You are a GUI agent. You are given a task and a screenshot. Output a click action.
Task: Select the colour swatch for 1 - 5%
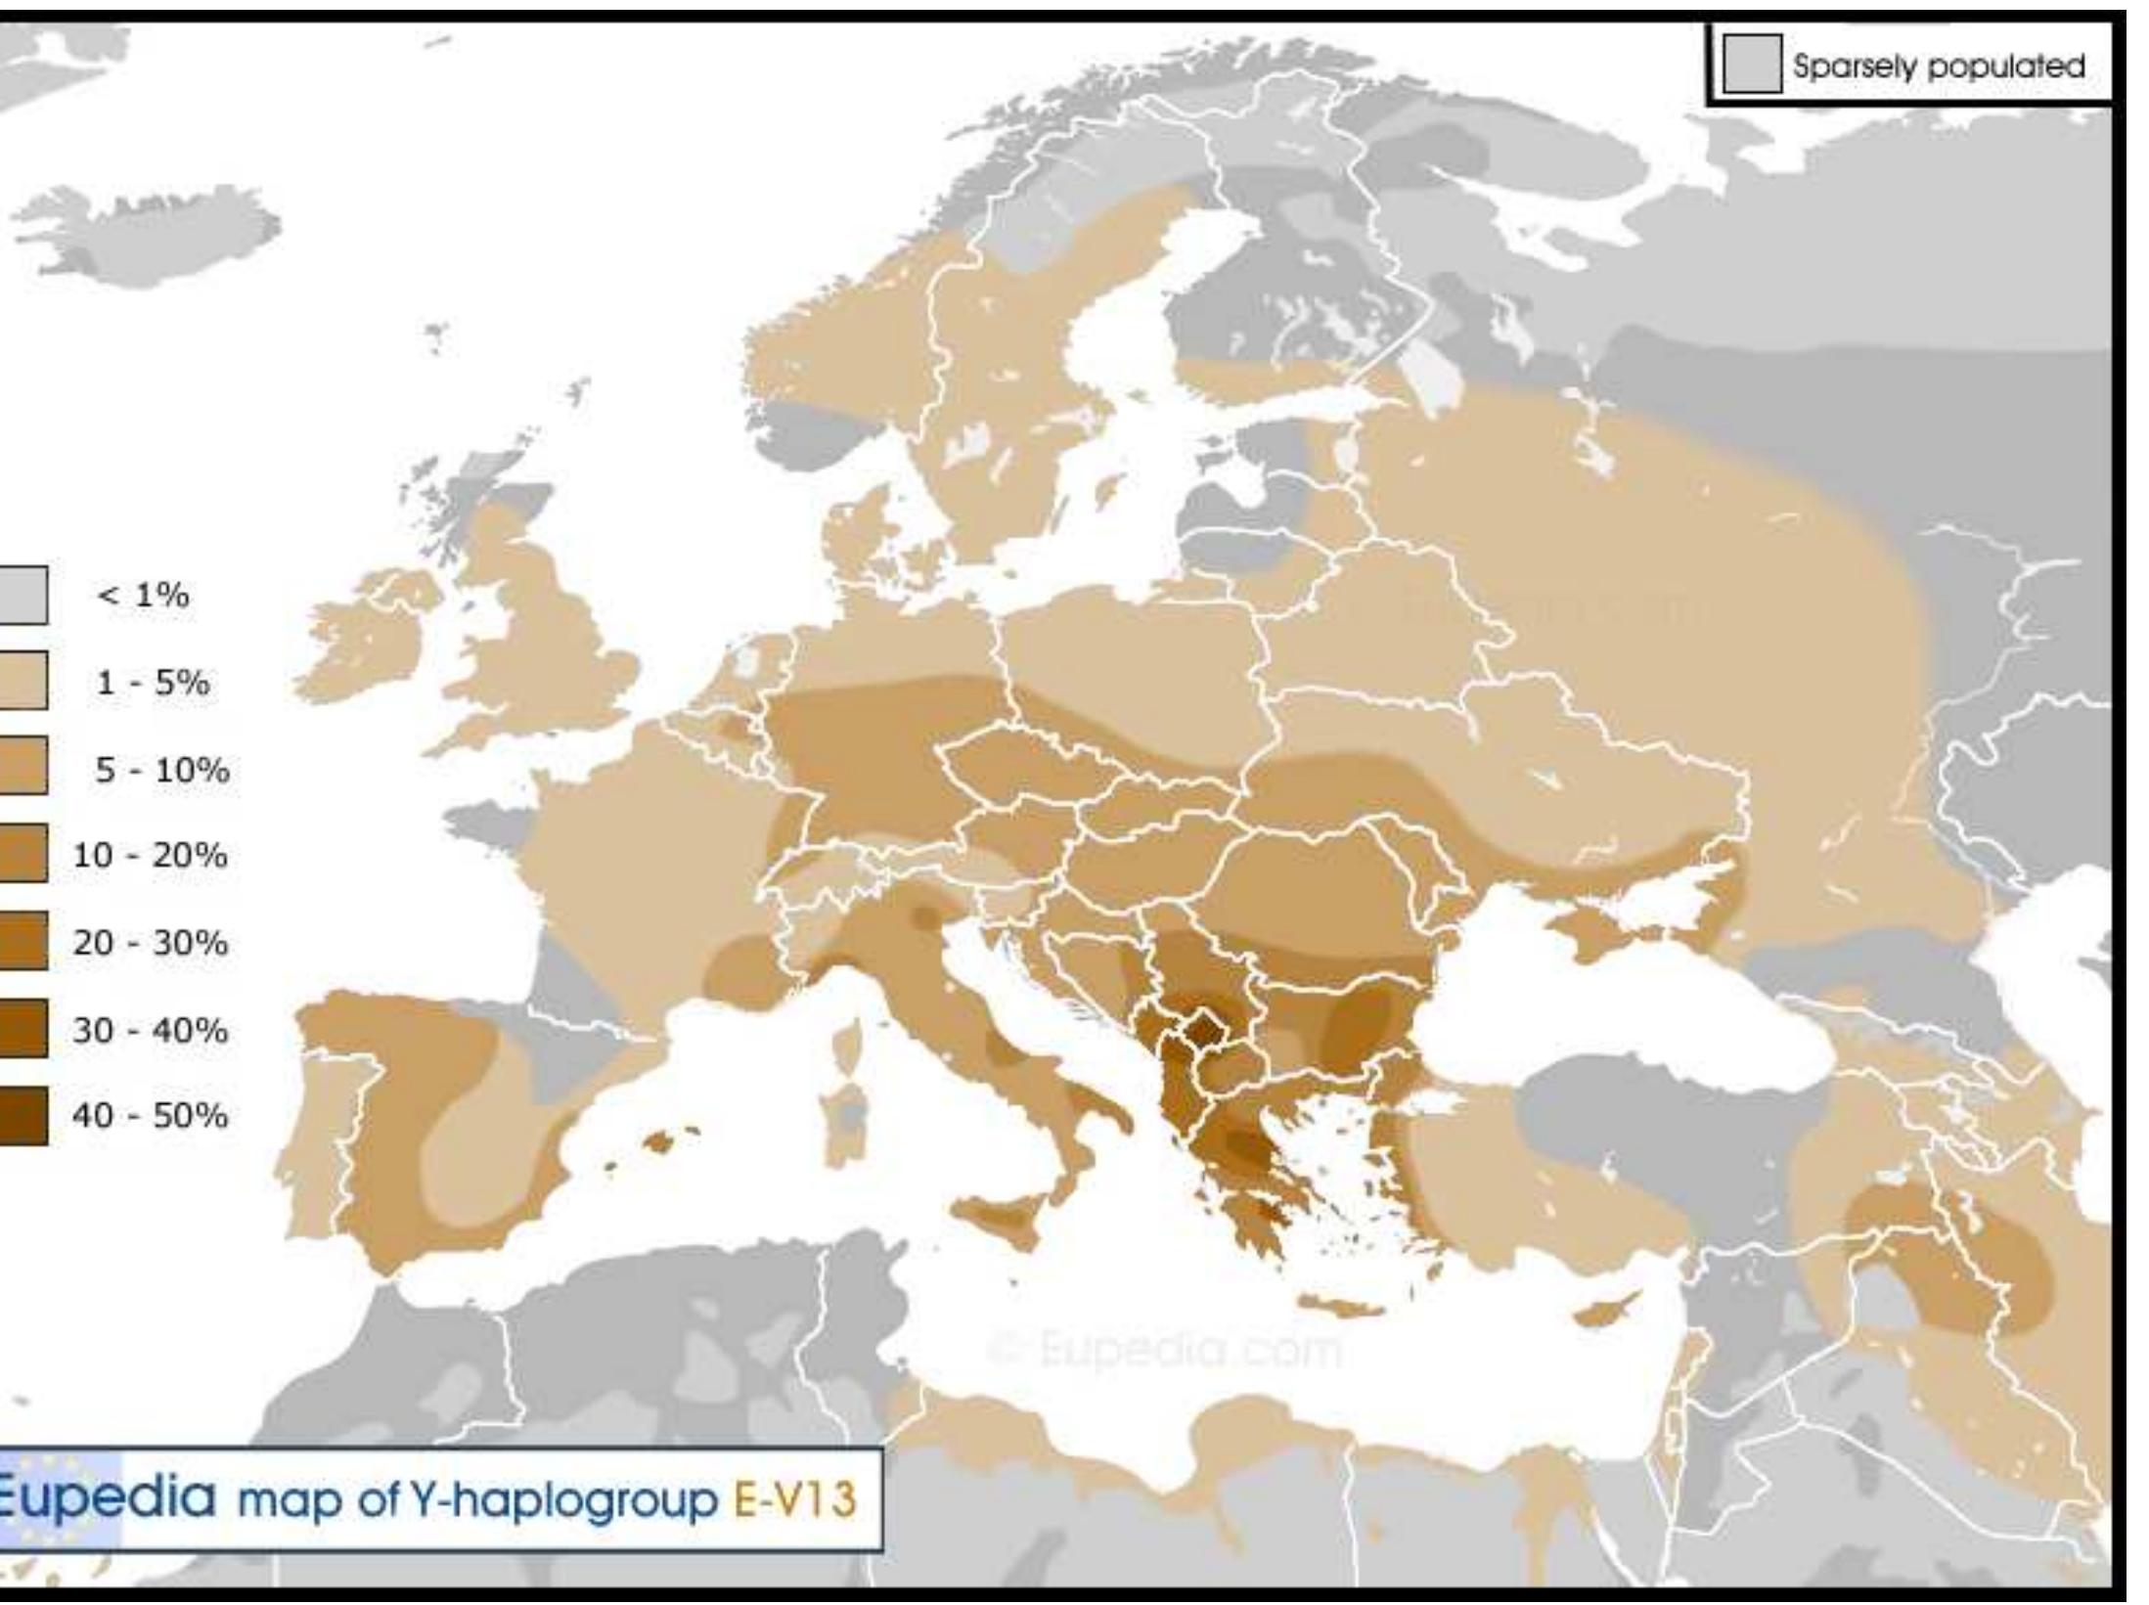tap(22, 681)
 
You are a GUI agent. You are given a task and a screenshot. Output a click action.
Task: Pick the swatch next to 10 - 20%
tap(22, 854)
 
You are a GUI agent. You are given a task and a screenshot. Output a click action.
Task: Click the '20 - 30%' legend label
tap(149, 943)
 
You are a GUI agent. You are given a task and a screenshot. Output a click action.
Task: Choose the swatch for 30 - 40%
tap(22, 1028)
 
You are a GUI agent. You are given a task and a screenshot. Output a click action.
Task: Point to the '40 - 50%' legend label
tap(149, 1115)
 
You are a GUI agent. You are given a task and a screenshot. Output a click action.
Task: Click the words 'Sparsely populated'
tap(1938, 67)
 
